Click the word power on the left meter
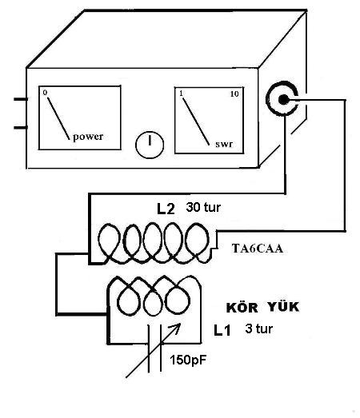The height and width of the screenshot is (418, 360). (88, 137)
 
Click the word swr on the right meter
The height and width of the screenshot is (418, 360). (224, 144)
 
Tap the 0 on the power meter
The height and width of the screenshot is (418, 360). (45, 93)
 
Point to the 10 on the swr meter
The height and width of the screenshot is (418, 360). (234, 94)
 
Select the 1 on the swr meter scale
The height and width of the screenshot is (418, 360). (182, 94)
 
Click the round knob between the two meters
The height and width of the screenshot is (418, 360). (150, 145)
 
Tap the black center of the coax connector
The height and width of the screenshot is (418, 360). (283, 99)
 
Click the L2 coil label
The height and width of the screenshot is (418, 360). (166, 209)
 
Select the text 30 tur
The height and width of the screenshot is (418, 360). (203, 207)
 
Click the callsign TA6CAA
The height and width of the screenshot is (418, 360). (258, 249)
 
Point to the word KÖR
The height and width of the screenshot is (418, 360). (242, 307)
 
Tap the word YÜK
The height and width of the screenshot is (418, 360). (283, 307)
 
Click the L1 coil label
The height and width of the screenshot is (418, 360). (222, 331)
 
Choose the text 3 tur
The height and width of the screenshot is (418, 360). (259, 328)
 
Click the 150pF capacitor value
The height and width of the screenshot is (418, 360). (188, 360)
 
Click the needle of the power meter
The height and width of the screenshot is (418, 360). (58, 118)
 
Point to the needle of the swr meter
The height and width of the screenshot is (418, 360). (196, 121)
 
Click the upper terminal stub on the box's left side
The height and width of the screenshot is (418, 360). (20, 99)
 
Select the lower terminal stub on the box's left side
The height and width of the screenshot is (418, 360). (20, 127)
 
